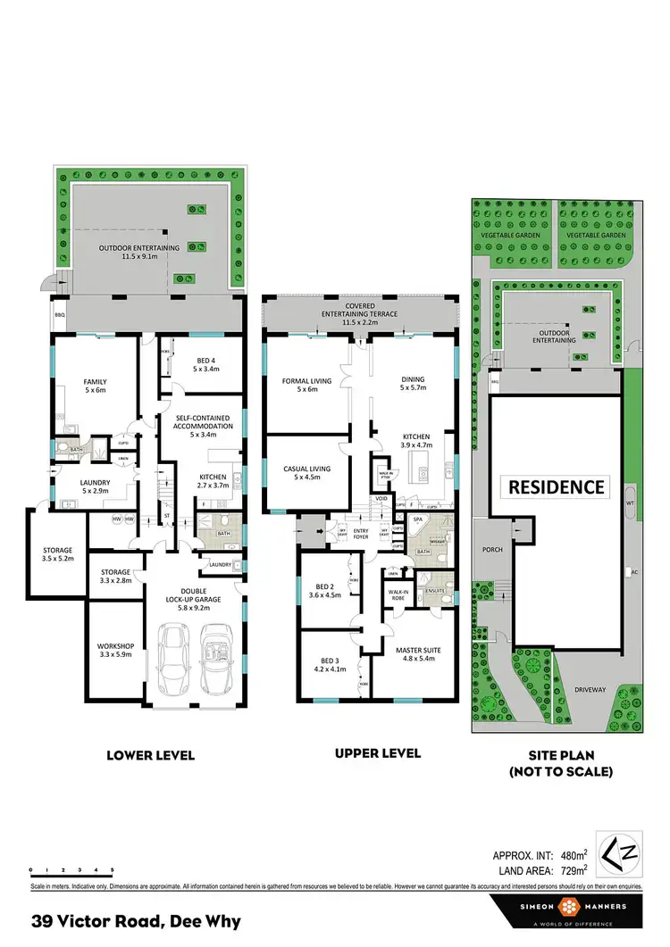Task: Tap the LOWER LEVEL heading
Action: tap(150, 755)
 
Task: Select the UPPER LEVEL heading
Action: tap(377, 753)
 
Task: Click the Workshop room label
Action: tap(115, 649)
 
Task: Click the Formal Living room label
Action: tap(306, 385)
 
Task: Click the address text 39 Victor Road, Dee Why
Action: tap(137, 921)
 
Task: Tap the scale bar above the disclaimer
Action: tap(71, 871)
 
